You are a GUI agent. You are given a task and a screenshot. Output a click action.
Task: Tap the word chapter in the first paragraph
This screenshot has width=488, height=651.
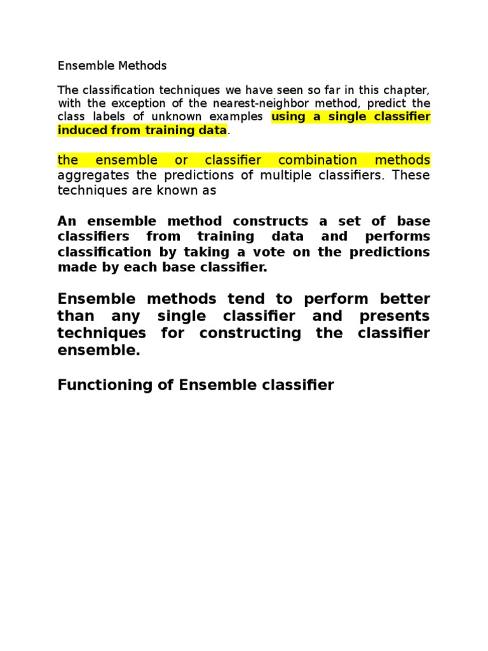click(x=406, y=90)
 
